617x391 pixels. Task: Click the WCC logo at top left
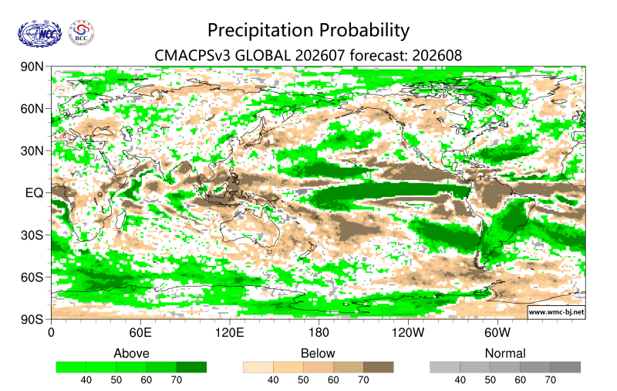pyautogui.click(x=40, y=34)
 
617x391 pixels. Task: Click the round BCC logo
pyautogui.click(x=82, y=33)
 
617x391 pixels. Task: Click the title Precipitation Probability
pyautogui.click(x=308, y=30)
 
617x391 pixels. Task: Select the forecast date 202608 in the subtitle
pyautogui.click(x=437, y=56)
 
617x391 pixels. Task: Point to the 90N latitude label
pyautogui.click(x=32, y=66)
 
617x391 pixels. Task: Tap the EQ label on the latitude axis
pyautogui.click(x=34, y=192)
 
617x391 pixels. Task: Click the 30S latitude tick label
pyautogui.click(x=32, y=235)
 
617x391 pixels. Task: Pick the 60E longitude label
pyautogui.click(x=140, y=333)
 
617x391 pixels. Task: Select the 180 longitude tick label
pyautogui.click(x=319, y=333)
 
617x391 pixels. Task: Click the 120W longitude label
pyautogui.click(x=408, y=333)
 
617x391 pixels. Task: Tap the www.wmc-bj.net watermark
pyautogui.click(x=556, y=311)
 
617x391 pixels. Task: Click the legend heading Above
pyautogui.click(x=131, y=353)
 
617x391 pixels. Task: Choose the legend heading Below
pyautogui.click(x=318, y=353)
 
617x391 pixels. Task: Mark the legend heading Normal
pyautogui.click(x=505, y=353)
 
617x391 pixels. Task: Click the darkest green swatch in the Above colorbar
pyautogui.click(x=191, y=367)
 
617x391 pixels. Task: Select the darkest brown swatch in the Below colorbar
pyautogui.click(x=379, y=367)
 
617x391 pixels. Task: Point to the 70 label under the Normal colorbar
pyautogui.click(x=550, y=380)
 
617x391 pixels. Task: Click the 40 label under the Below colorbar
pyautogui.click(x=273, y=380)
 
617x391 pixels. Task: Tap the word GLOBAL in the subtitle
pyautogui.click(x=262, y=56)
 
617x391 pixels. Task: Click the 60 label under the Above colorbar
pyautogui.click(x=147, y=380)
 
